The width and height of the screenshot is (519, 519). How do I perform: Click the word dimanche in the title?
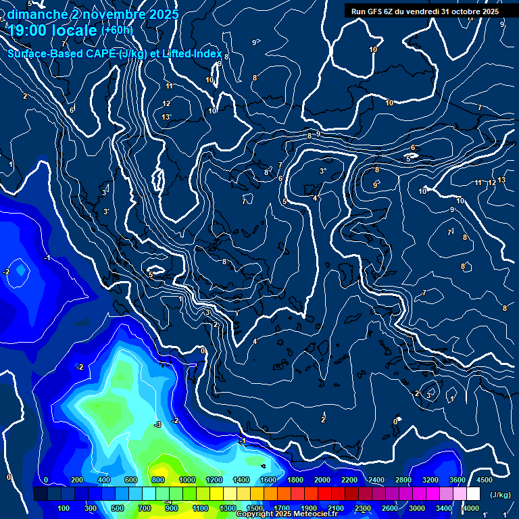tap(36, 14)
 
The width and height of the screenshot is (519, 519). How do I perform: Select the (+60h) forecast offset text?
tap(117, 30)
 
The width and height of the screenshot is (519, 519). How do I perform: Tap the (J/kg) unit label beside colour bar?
tap(499, 495)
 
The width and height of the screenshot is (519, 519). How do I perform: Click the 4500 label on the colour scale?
tap(484, 480)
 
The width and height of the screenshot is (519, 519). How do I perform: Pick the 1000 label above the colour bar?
tap(187, 480)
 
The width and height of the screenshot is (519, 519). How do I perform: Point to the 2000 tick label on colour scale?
tap(322, 480)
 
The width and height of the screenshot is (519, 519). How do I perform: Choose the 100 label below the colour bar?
tap(64, 508)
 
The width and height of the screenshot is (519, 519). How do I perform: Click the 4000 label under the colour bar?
tap(471, 508)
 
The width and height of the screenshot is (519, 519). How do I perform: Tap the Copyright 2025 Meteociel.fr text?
tap(286, 514)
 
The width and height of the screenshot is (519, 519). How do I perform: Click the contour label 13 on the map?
tap(166, 117)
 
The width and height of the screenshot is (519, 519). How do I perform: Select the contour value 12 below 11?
tap(166, 103)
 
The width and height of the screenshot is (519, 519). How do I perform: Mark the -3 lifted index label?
tap(157, 424)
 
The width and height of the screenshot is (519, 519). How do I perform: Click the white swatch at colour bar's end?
tap(473, 494)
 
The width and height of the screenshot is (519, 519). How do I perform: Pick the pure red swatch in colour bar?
tap(324, 494)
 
